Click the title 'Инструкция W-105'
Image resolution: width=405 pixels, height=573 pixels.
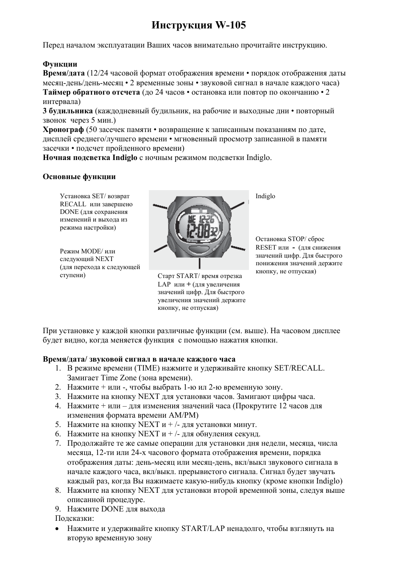tap(198, 25)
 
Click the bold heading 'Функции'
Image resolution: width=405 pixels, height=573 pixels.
tap(60, 64)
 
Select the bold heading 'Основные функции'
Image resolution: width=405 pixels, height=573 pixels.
tap(79, 177)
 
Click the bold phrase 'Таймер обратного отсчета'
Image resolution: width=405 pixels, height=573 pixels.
tap(91, 92)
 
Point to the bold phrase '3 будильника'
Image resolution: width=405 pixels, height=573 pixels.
tap(67, 111)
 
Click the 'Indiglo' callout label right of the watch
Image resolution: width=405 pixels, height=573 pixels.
tap(265, 196)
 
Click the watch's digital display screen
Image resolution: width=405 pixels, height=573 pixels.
tap(198, 225)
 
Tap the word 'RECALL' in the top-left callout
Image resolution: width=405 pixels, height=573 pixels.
tap(73, 204)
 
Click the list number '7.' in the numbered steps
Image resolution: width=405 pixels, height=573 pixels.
tap(58, 444)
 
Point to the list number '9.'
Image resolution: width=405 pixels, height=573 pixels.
tap(58, 509)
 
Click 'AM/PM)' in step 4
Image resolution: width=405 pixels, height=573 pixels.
tap(185, 416)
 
